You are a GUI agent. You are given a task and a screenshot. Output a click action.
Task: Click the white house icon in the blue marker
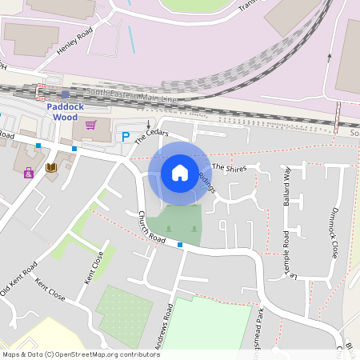(x=180, y=173)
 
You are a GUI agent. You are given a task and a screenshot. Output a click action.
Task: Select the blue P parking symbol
(x=126, y=137)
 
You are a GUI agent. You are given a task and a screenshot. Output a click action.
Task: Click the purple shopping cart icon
(x=90, y=125)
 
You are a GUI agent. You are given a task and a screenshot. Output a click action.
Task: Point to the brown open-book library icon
(x=51, y=167)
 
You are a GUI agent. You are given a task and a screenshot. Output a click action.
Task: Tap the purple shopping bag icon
(x=29, y=172)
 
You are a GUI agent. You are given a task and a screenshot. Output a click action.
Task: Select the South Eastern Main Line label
(x=132, y=95)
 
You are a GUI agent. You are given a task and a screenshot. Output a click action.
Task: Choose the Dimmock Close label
(x=334, y=232)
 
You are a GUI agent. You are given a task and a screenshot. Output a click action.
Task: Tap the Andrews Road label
(x=163, y=328)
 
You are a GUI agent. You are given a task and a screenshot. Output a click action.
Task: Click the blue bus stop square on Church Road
(x=180, y=245)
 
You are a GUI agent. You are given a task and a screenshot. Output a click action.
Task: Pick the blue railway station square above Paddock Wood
(x=66, y=94)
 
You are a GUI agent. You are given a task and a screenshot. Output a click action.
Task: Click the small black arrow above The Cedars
(x=148, y=123)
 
